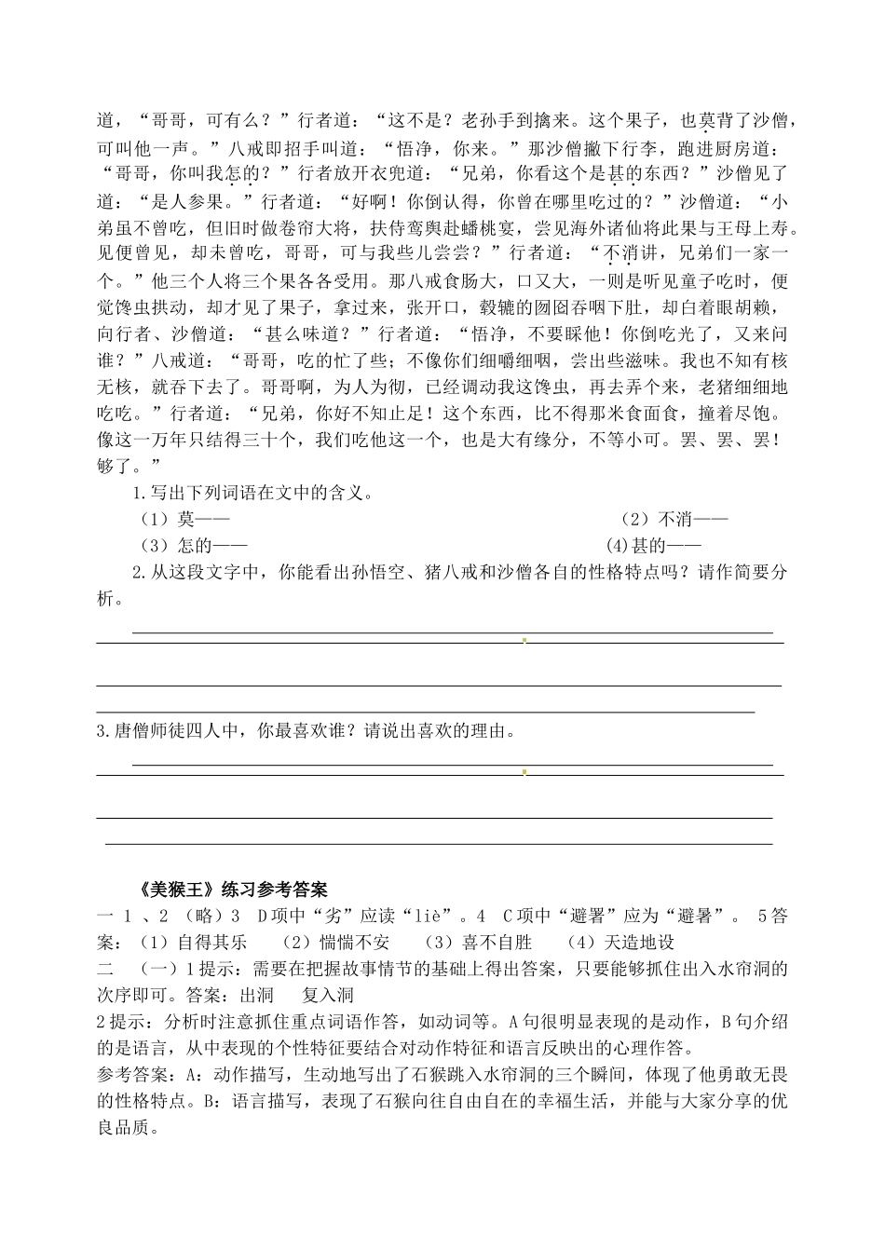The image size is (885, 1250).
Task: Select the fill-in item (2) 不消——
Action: click(x=674, y=519)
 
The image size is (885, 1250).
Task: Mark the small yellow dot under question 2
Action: click(x=524, y=641)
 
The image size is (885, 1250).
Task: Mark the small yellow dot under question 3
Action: click(x=524, y=772)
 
